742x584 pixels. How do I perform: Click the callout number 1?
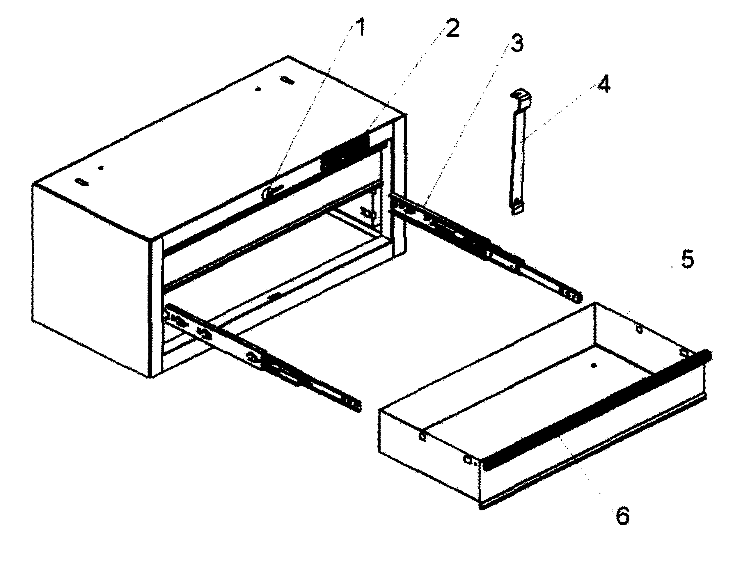tap(359, 28)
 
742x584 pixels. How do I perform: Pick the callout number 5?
tap(688, 260)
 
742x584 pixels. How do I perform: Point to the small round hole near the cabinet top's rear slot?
tap(258, 89)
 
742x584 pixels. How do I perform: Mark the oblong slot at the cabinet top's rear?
tap(287, 81)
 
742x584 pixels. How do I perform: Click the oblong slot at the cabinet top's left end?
tap(83, 182)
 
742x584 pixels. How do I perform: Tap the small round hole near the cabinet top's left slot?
tap(101, 168)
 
